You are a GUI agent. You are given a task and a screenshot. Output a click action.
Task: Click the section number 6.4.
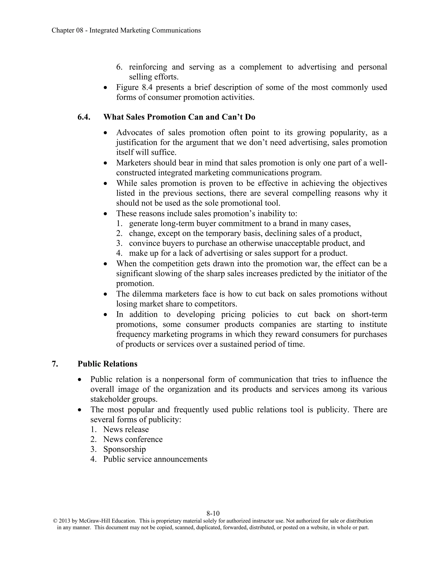click(x=84, y=117)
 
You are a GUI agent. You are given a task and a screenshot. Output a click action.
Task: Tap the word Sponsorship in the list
click(x=124, y=449)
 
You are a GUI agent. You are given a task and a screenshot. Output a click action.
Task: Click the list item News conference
click(x=133, y=439)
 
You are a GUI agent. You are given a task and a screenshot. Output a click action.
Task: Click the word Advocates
click(x=134, y=133)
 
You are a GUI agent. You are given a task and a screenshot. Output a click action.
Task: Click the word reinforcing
click(x=148, y=67)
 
